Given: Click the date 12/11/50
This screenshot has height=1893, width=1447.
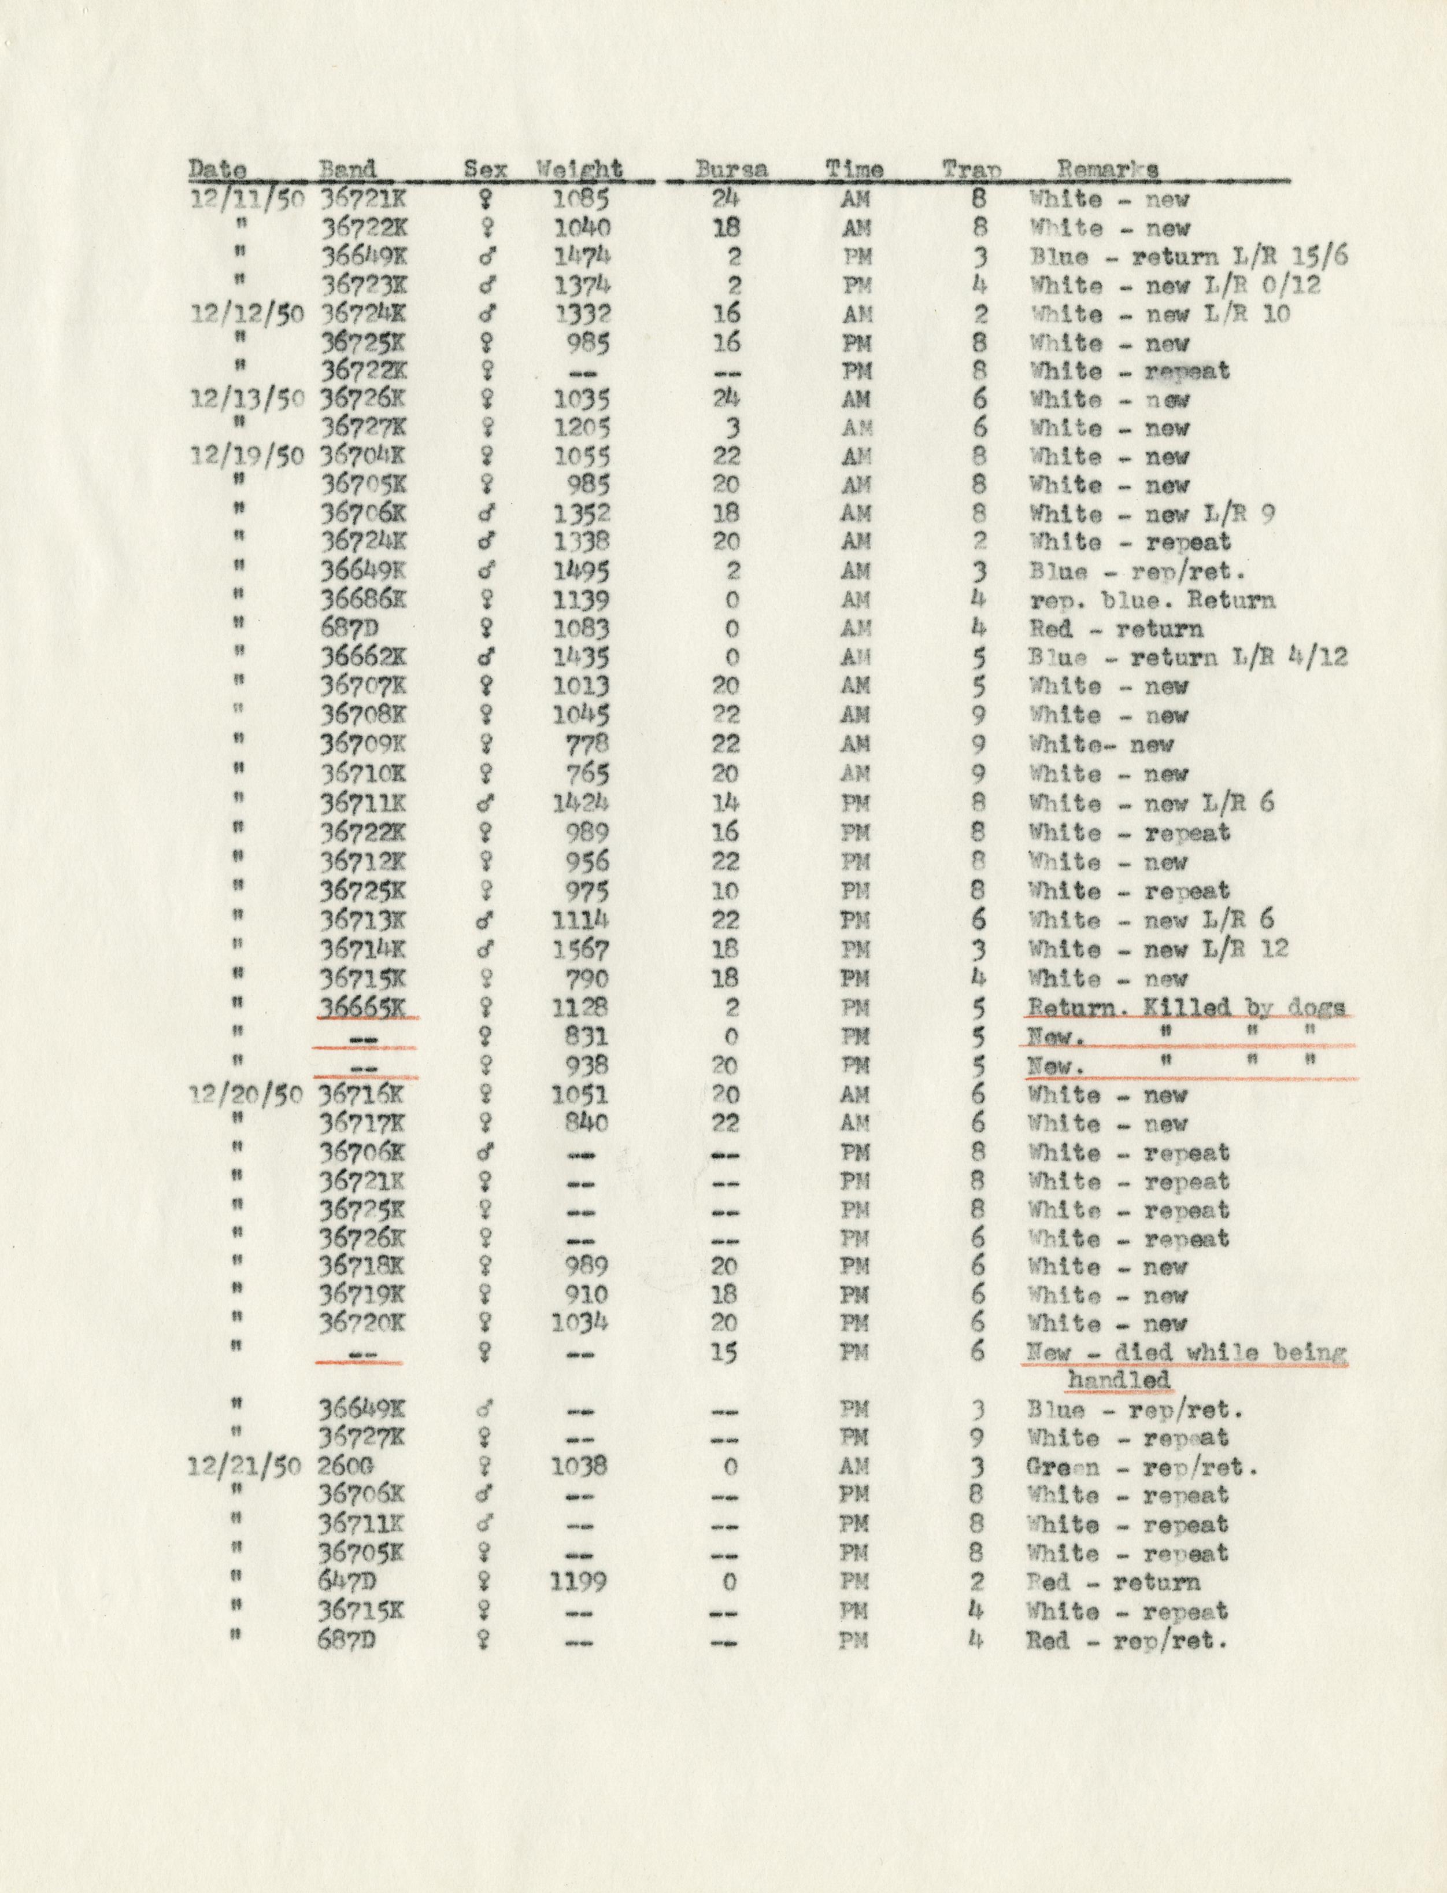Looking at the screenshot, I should click(246, 199).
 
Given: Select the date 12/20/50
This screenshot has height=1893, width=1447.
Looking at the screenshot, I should click(246, 1095).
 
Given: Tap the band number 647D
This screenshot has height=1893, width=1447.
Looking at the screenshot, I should click(349, 1582).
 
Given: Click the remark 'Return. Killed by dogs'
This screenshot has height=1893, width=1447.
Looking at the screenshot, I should click(1187, 1008).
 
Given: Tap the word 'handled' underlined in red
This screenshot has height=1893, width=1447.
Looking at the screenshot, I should click(1118, 1381).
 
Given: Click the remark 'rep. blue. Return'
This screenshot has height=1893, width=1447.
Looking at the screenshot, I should click(1152, 600).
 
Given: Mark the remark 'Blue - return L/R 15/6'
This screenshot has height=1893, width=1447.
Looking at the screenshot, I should click(1188, 257).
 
